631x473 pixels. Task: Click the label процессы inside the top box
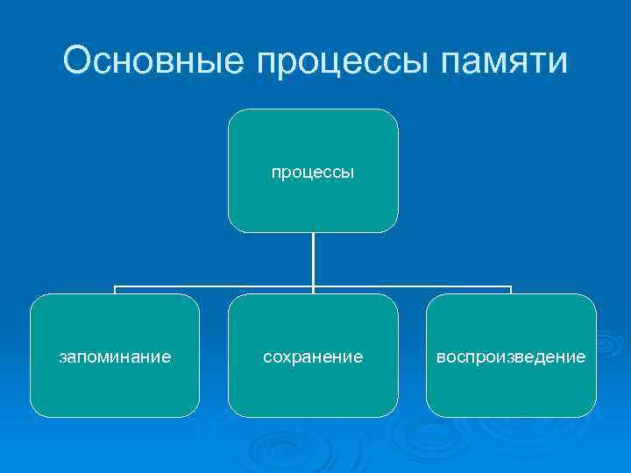coord(313,173)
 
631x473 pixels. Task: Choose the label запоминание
coord(115,357)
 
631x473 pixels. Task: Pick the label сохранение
coord(313,357)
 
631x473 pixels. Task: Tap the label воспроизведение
coord(511,357)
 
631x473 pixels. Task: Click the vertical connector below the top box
coord(313,258)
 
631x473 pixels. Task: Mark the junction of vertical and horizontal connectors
coord(313,286)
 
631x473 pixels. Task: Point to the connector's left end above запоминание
coord(115,288)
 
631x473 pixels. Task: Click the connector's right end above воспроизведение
coord(511,288)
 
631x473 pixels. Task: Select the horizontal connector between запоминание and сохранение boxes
coord(214,286)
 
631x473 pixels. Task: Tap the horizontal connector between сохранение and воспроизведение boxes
coord(412,286)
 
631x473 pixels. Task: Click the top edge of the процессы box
coord(313,109)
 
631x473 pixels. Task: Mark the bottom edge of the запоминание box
coord(115,416)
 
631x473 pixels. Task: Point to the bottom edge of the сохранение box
coord(313,416)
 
